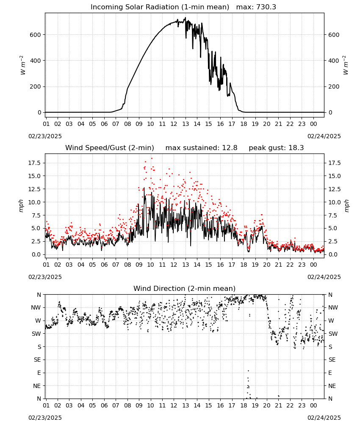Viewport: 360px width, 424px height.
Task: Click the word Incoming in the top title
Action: click(x=105, y=7)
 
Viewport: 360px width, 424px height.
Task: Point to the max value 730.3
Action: click(x=266, y=7)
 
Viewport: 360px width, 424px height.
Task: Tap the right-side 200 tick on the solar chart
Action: click(x=334, y=87)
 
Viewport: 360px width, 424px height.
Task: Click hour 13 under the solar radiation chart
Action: click(x=186, y=124)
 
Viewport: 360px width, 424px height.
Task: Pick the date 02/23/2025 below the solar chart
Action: click(x=45, y=136)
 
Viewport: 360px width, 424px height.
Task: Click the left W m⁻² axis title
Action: click(x=22, y=65)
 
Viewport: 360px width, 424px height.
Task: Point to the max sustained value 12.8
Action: click(x=230, y=148)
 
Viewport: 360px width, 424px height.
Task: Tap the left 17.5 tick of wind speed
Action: click(x=35, y=163)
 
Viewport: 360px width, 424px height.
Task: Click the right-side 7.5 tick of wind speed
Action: click(x=333, y=215)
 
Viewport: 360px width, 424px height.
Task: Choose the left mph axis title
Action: click(x=21, y=206)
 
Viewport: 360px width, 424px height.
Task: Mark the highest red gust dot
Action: click(x=152, y=158)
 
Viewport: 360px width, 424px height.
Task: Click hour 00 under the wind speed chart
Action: click(x=313, y=265)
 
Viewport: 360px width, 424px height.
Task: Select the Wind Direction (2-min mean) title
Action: click(x=185, y=288)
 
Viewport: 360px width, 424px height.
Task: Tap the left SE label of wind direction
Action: click(x=37, y=360)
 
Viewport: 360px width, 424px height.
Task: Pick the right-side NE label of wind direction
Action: click(x=332, y=386)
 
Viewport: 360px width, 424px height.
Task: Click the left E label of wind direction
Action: click(x=39, y=373)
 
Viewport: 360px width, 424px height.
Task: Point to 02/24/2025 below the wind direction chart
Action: click(x=324, y=418)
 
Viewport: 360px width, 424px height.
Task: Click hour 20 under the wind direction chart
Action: click(x=267, y=405)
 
